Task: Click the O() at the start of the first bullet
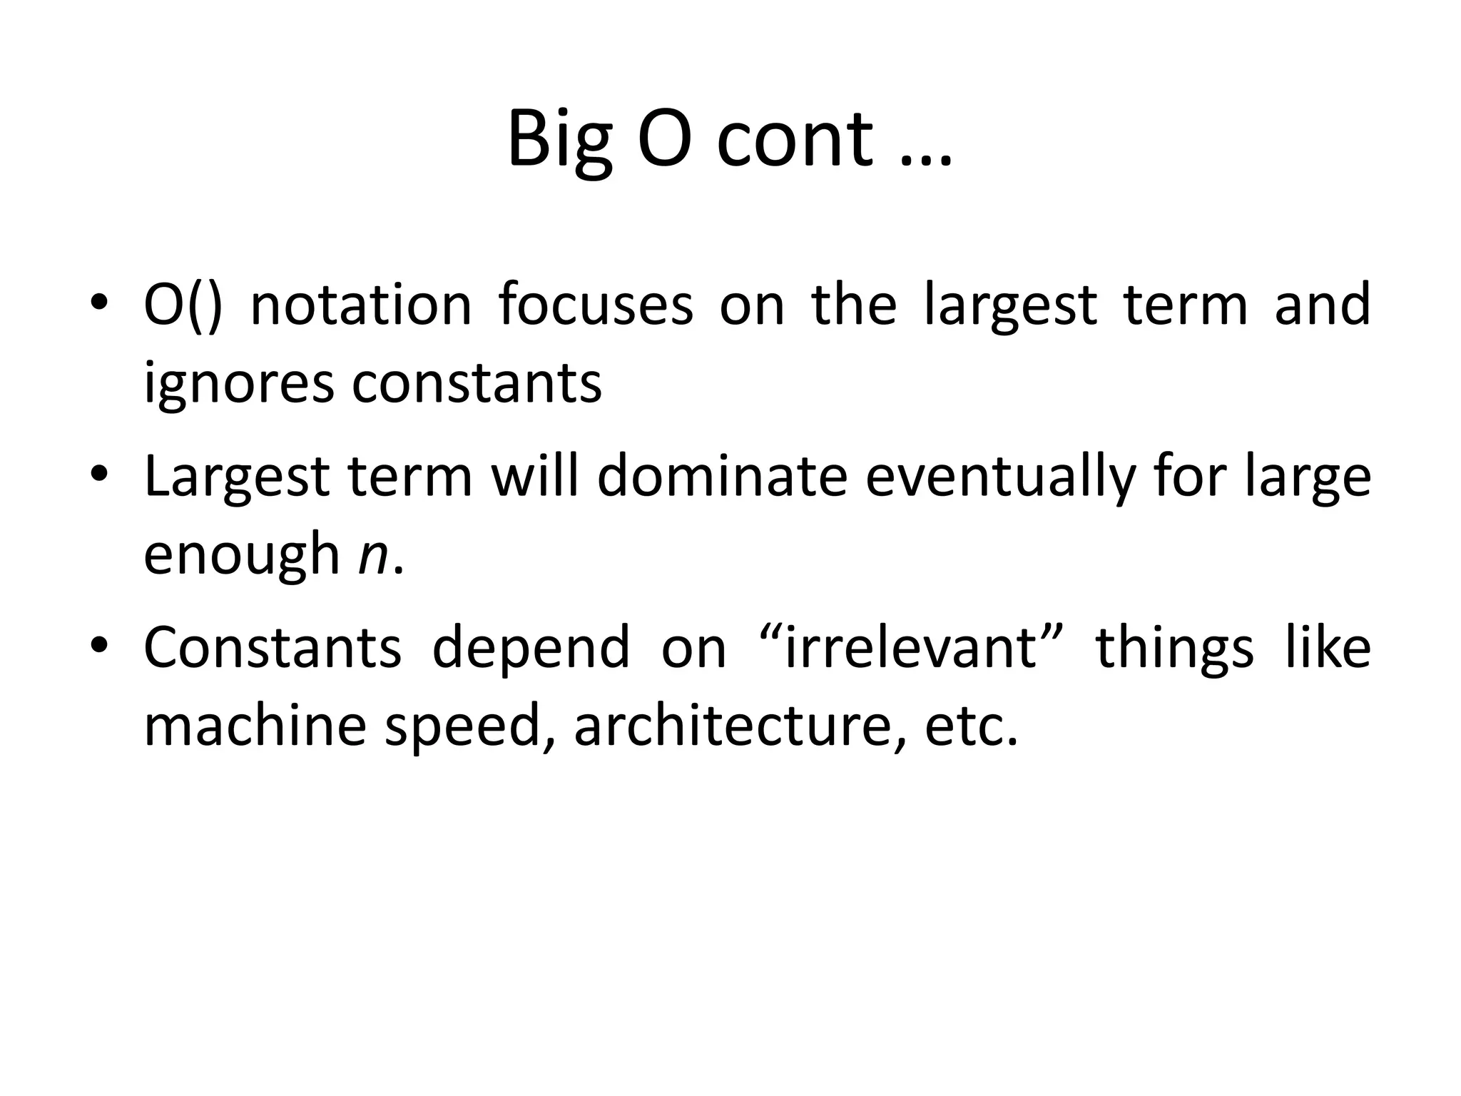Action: tap(183, 305)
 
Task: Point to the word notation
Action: tap(361, 305)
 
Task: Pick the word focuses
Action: tap(596, 305)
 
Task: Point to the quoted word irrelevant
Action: tap(910, 648)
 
